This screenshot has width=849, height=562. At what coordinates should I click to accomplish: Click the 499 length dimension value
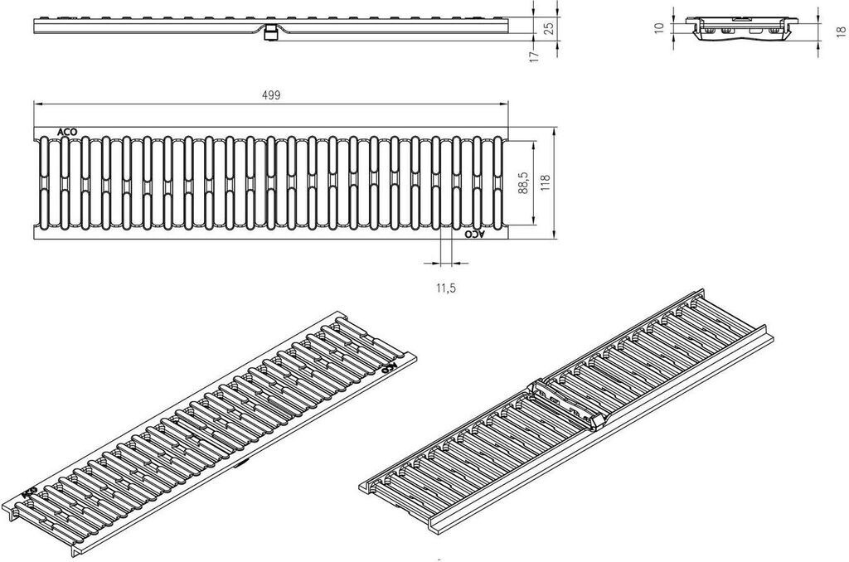click(270, 94)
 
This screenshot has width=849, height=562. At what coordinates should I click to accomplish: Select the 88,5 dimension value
click(523, 183)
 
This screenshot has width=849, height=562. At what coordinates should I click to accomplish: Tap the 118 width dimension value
click(546, 183)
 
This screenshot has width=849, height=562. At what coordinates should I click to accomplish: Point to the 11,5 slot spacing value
click(445, 288)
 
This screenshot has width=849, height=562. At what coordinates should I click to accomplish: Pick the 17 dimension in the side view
click(534, 56)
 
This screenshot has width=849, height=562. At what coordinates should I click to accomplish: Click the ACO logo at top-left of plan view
click(67, 132)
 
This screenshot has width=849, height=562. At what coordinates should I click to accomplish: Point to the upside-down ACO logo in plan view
click(473, 235)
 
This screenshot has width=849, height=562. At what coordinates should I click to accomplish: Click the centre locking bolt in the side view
click(270, 33)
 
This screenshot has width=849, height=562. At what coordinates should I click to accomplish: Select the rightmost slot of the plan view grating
click(497, 183)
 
